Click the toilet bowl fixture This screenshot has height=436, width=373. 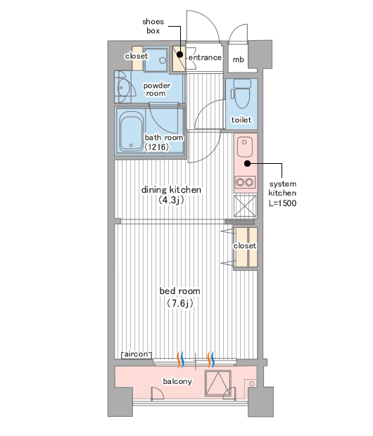point(241,94)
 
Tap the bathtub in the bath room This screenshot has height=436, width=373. point(132,132)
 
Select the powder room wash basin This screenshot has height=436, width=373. point(123,88)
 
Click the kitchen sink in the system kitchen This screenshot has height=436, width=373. point(244,147)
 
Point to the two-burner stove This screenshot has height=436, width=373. point(245,182)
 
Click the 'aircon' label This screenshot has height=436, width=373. point(137,354)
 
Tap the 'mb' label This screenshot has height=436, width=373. point(239,60)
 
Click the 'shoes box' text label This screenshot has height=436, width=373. point(153,26)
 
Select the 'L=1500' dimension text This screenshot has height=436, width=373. point(282,203)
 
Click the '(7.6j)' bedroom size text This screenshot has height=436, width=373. point(180,303)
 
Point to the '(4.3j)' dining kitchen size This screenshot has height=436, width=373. point(171,200)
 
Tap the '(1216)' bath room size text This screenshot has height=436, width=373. point(156,147)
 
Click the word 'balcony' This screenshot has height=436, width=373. point(177,381)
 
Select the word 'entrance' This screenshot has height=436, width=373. point(205,58)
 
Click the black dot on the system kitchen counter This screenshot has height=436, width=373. point(247,163)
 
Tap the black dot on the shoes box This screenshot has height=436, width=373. point(180,55)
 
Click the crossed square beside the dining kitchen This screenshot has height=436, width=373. point(245,206)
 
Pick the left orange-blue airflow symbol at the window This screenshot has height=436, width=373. point(180,359)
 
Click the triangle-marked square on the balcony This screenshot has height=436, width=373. point(218,383)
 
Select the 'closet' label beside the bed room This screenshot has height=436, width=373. point(245,246)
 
